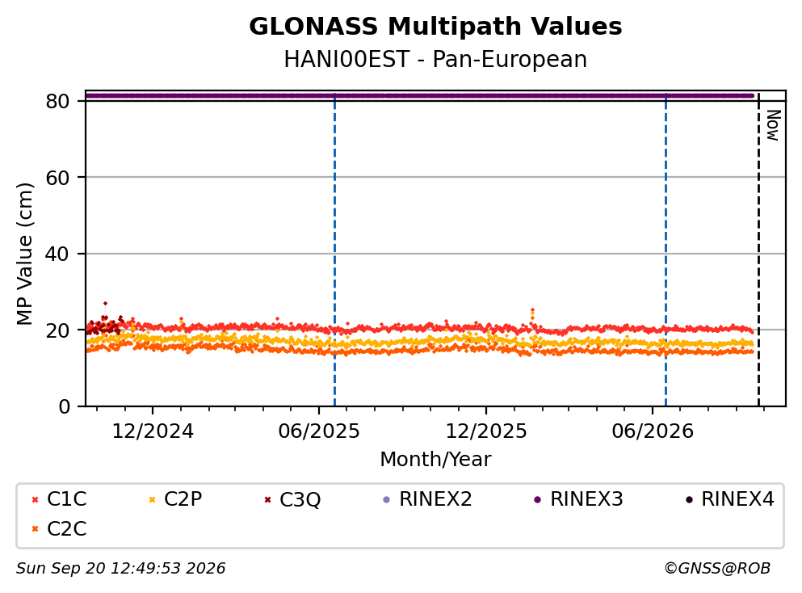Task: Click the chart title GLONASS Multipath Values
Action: (x=435, y=27)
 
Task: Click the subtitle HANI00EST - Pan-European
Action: (x=435, y=59)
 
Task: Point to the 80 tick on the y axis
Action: (x=57, y=101)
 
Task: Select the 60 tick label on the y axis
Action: (x=57, y=178)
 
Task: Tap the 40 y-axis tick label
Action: (x=57, y=254)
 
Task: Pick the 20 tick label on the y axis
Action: (x=57, y=330)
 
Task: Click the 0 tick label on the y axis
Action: (x=64, y=406)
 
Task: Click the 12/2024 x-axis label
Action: (x=153, y=431)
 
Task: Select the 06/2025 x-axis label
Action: (x=319, y=431)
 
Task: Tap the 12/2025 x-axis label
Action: (x=486, y=431)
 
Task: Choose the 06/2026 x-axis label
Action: (x=652, y=431)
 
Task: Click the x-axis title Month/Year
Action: (x=435, y=460)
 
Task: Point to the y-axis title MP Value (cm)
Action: (x=24, y=254)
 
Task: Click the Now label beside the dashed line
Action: (x=773, y=125)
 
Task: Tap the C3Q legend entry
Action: (x=292, y=499)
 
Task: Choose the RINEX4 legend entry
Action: (x=730, y=498)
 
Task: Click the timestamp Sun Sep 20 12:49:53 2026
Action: (x=120, y=569)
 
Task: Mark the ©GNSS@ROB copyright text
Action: (x=717, y=569)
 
